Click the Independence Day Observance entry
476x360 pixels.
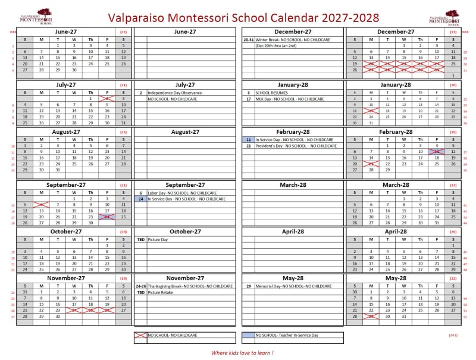click(176, 93)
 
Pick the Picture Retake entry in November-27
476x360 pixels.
click(160, 292)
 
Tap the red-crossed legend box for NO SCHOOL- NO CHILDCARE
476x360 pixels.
click(140, 335)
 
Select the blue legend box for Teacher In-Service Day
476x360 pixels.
click(248, 335)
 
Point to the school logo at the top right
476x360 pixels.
click(444, 17)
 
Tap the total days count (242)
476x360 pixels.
click(453, 335)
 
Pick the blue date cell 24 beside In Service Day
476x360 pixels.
click(140, 199)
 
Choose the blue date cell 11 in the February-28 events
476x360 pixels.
click(248, 140)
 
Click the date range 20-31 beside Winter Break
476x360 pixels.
click(249, 39)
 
